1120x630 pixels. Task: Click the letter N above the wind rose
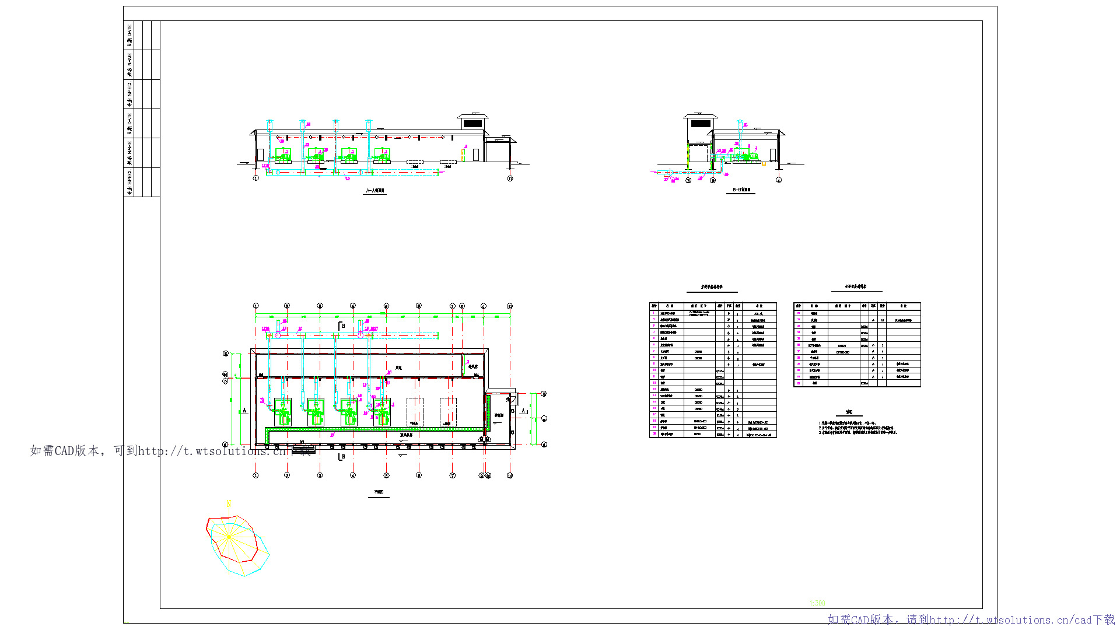(x=229, y=503)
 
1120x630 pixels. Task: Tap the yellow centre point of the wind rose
(x=229, y=537)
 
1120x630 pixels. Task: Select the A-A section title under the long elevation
(x=375, y=191)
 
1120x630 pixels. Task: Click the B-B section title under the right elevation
(x=741, y=190)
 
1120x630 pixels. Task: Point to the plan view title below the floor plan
(x=379, y=492)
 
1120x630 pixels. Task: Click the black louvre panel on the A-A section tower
(x=473, y=124)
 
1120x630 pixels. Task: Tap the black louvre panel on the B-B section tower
(x=701, y=124)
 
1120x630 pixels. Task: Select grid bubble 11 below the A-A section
(x=510, y=178)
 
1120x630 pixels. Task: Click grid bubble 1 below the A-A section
(x=256, y=178)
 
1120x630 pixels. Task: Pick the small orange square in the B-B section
(x=764, y=164)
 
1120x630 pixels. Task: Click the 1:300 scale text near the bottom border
(x=817, y=603)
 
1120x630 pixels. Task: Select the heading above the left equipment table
(x=712, y=287)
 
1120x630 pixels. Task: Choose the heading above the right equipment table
(x=856, y=287)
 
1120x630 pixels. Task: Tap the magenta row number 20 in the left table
(x=654, y=434)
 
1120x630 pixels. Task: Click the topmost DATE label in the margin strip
(x=129, y=35)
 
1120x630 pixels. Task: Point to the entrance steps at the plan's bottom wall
(x=303, y=450)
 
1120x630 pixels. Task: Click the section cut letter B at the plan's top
(x=342, y=325)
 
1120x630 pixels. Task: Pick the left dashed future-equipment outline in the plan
(x=415, y=412)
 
